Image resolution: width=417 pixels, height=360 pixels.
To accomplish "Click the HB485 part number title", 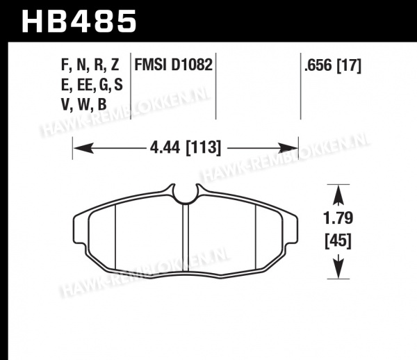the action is [x=79, y=22].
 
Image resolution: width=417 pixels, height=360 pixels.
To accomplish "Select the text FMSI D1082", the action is [x=173, y=65].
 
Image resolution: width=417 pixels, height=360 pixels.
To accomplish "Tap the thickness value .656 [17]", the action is [x=333, y=65].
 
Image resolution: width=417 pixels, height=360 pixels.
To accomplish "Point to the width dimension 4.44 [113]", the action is [x=186, y=148].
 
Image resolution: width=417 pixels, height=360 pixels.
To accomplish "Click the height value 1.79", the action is [x=338, y=218].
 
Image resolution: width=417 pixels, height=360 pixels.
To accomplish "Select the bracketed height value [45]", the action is [x=338, y=241].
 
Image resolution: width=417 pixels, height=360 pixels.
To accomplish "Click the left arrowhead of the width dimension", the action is [x=83, y=148].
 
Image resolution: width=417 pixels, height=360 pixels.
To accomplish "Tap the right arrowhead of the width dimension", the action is [x=288, y=148].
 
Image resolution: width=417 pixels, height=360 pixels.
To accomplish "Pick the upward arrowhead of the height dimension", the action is [x=338, y=195].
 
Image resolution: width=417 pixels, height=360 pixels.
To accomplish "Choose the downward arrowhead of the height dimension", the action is [x=338, y=268].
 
